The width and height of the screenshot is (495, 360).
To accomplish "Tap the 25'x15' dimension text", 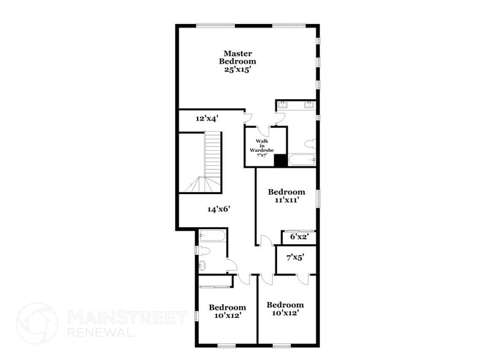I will click(238, 70).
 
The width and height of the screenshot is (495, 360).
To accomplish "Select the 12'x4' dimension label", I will click(207, 119).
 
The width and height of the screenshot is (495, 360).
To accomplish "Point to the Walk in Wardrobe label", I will click(261, 148).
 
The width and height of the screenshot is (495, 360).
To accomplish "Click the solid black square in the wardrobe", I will click(280, 160).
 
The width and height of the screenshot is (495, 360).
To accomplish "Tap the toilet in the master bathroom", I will click(310, 144).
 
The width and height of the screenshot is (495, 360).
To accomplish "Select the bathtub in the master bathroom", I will click(302, 161).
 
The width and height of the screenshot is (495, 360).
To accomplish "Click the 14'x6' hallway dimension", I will click(218, 209).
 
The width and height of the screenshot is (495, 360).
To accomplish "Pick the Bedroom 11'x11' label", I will click(286, 196).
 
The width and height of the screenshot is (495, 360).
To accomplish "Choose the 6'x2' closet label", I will click(299, 236).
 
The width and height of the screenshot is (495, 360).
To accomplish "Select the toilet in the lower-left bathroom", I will click(204, 250).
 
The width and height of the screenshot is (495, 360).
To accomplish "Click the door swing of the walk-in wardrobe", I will click(262, 130).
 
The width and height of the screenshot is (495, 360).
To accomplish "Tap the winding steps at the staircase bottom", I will click(198, 183).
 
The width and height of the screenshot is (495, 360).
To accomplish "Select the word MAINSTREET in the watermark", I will click(126, 317).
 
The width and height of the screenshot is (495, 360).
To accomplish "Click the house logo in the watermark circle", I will click(37, 323).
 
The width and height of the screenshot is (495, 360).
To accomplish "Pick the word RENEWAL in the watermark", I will click(101, 333).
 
